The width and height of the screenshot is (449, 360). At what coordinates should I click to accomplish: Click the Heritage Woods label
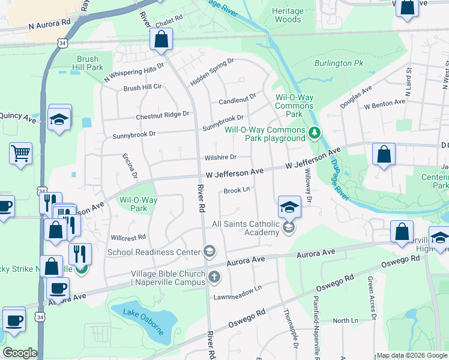[x=287, y=16]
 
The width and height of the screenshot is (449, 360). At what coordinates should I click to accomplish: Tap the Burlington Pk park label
[x=339, y=63]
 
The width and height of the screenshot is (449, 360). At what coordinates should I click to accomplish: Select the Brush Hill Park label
[x=90, y=64]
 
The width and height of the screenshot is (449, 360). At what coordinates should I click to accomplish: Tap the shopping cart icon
[x=20, y=153]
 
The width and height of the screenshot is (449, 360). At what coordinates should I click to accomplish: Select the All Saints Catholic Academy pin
[x=289, y=227]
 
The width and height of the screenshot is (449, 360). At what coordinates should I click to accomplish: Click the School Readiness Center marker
[x=209, y=251]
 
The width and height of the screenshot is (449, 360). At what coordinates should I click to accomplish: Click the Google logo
[x=20, y=352]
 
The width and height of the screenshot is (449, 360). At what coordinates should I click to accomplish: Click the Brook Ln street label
[x=237, y=190]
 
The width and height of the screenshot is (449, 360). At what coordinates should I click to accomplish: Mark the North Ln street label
[x=345, y=320]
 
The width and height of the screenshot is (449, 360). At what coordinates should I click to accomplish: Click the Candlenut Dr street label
[x=237, y=95]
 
